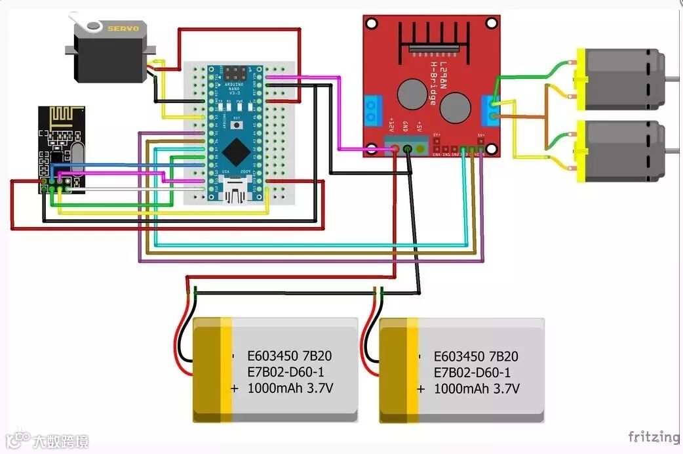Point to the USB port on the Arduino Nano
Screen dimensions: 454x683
[235, 193]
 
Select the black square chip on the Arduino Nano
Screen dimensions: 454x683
[235, 153]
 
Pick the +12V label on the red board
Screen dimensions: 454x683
[392, 125]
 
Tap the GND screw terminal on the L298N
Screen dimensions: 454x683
[408, 150]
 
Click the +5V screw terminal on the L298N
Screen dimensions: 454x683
[420, 150]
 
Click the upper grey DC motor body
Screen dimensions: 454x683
[623, 79]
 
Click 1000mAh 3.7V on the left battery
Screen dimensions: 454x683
[290, 388]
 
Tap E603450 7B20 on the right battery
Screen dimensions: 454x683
[476, 356]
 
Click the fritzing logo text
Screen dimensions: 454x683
[654, 436]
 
